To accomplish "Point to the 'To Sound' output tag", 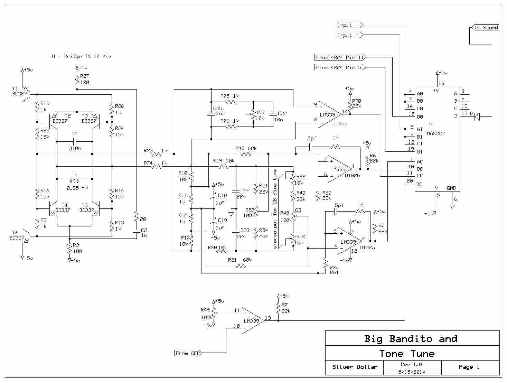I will click(x=485, y=28).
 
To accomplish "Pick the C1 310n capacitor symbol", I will click(x=74, y=141).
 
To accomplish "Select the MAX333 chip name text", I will click(x=435, y=133).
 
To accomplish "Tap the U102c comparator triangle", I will click(x=329, y=114).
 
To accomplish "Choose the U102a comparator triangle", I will click(x=349, y=241).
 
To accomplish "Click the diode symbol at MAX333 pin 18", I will click(x=477, y=116).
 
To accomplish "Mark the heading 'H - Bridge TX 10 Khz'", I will click(x=82, y=56).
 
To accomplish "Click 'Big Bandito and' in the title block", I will click(x=411, y=339).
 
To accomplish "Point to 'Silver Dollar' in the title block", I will click(x=355, y=367).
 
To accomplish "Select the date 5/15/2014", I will click(x=412, y=372).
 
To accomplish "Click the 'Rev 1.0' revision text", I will click(x=411, y=364).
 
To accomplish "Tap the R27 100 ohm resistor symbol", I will click(x=77, y=80).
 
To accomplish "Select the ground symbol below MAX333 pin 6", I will click(x=452, y=206).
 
